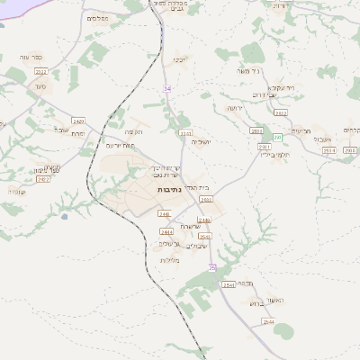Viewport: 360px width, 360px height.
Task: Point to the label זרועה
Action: pyautogui.click(x=235, y=108)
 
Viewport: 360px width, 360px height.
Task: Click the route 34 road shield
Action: pyautogui.click(x=166, y=88)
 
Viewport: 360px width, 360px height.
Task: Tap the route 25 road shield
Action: pyautogui.click(x=212, y=267)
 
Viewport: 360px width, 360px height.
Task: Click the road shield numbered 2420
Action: pyautogui.click(x=78, y=120)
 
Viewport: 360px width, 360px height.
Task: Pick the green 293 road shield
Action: pyautogui.click(x=278, y=137)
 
